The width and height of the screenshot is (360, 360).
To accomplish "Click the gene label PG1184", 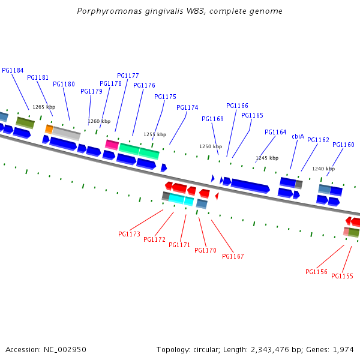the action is point(13,70).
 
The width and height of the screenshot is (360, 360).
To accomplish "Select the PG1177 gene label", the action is point(128,76).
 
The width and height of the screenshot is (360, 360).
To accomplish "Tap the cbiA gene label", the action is point(298,136).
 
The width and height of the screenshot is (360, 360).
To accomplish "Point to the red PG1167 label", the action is point(233,256).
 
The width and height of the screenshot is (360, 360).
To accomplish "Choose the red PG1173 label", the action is point(129,234).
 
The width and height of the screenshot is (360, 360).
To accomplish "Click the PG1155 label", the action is point(342,276).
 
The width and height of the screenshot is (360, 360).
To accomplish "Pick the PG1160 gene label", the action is point(343,145).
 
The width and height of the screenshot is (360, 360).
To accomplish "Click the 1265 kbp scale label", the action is point(44,107).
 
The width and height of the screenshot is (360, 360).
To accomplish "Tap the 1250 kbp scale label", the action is point(211,146).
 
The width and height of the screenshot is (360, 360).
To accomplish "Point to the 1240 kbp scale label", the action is point(323,169).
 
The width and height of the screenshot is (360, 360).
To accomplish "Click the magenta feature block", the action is point(112,145).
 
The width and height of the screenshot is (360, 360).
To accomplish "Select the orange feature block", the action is point(49,129).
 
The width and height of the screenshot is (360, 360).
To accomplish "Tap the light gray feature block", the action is point(67,134).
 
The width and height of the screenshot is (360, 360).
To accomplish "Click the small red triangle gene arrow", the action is point(217,196).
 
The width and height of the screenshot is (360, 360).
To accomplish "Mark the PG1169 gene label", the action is point(212,119).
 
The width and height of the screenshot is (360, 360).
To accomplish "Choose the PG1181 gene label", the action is point(38,77).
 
